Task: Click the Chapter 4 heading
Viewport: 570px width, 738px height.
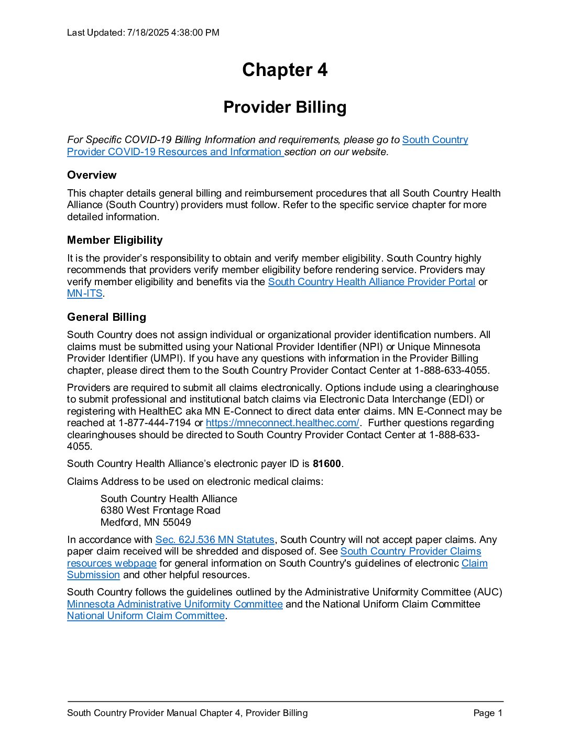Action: pyautogui.click(x=284, y=70)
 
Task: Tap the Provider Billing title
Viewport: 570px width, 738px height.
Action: pyautogui.click(x=284, y=107)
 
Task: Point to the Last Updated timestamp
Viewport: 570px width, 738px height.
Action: pyautogui.click(x=143, y=32)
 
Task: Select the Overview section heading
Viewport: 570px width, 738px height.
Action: pyautogui.click(x=92, y=175)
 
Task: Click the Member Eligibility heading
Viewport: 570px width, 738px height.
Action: pyautogui.click(x=115, y=240)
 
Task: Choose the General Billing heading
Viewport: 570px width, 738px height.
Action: pyautogui.click(x=106, y=317)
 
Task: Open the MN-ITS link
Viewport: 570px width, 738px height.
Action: pyautogui.click(x=84, y=294)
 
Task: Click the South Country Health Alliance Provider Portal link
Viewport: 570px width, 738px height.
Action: pyautogui.click(x=371, y=282)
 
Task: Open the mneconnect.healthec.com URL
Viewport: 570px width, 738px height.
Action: pyautogui.click(x=282, y=423)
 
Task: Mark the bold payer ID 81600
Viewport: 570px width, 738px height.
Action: pyautogui.click(x=326, y=464)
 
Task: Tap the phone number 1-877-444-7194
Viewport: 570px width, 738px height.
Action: pyautogui.click(x=155, y=423)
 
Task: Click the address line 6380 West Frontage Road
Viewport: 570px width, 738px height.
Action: pyautogui.click(x=160, y=511)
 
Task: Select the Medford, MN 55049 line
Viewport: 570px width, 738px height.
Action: pyautogui.click(x=146, y=523)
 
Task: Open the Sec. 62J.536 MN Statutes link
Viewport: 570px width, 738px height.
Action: pyautogui.click(x=215, y=540)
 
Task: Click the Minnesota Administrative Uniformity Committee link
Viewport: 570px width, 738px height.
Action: pyautogui.click(x=175, y=604)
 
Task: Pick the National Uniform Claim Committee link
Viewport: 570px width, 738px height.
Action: pyautogui.click(x=146, y=616)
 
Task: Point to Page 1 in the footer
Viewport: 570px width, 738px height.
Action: pyautogui.click(x=487, y=713)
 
